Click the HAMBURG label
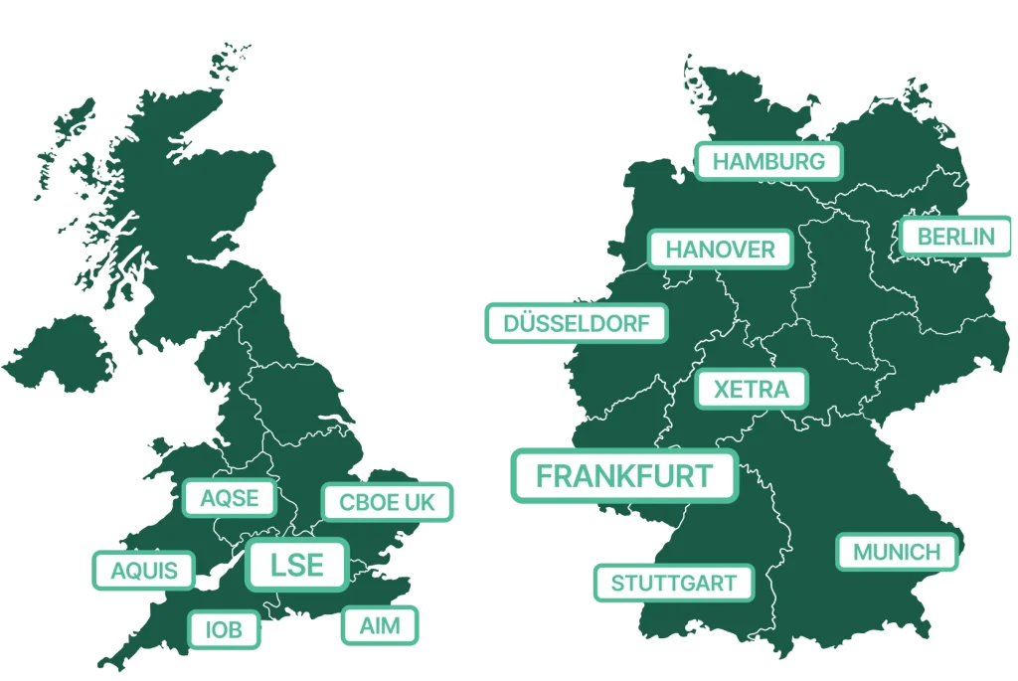(x=768, y=161)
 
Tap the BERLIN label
(x=955, y=237)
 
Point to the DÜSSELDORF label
(x=577, y=324)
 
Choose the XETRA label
(x=752, y=390)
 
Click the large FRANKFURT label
(x=624, y=475)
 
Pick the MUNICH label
(x=896, y=552)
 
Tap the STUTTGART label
(x=673, y=583)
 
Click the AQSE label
(x=230, y=498)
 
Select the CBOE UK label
(x=387, y=503)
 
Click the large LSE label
(x=297, y=565)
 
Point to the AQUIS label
(x=144, y=572)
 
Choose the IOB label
(x=224, y=629)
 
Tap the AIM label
(x=379, y=626)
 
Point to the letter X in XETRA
(x=723, y=390)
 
